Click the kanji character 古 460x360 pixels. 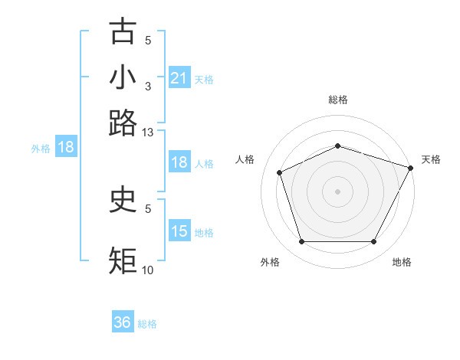pos(123,31)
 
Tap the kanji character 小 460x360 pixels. pos(123,77)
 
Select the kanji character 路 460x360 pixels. pos(123,123)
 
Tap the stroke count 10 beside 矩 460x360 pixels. pos(147,270)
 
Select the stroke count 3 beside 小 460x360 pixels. pos(148,86)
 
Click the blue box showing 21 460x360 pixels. pos(179,78)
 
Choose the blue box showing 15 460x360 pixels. pos(179,231)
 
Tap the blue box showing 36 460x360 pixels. pos(123,322)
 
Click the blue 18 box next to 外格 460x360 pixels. pos(66,148)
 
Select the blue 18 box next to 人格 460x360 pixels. pos(179,162)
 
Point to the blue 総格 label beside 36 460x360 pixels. pos(147,324)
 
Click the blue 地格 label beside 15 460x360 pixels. pos(205,232)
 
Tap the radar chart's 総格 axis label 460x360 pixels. pos(337,100)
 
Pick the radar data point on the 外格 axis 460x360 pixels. pos(301,242)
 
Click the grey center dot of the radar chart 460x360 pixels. pos(337,191)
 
